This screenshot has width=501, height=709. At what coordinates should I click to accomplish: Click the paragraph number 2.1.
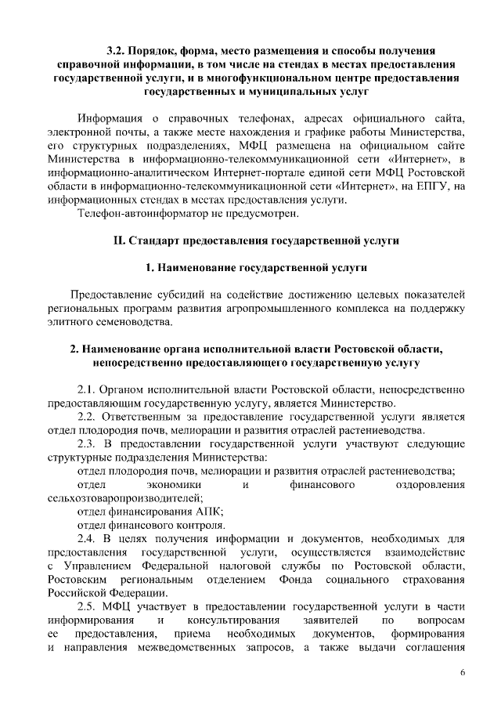tap(89, 389)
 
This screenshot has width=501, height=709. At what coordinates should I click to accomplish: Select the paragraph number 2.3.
tap(89, 443)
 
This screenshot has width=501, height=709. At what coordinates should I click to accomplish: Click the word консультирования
tap(219, 620)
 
